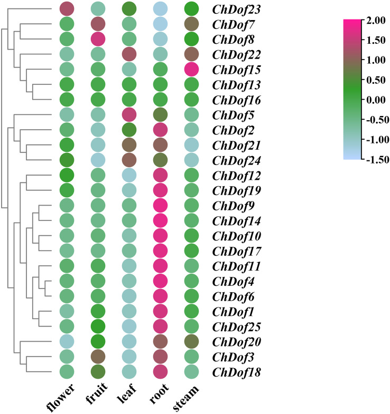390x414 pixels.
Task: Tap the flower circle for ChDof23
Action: tap(67, 9)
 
